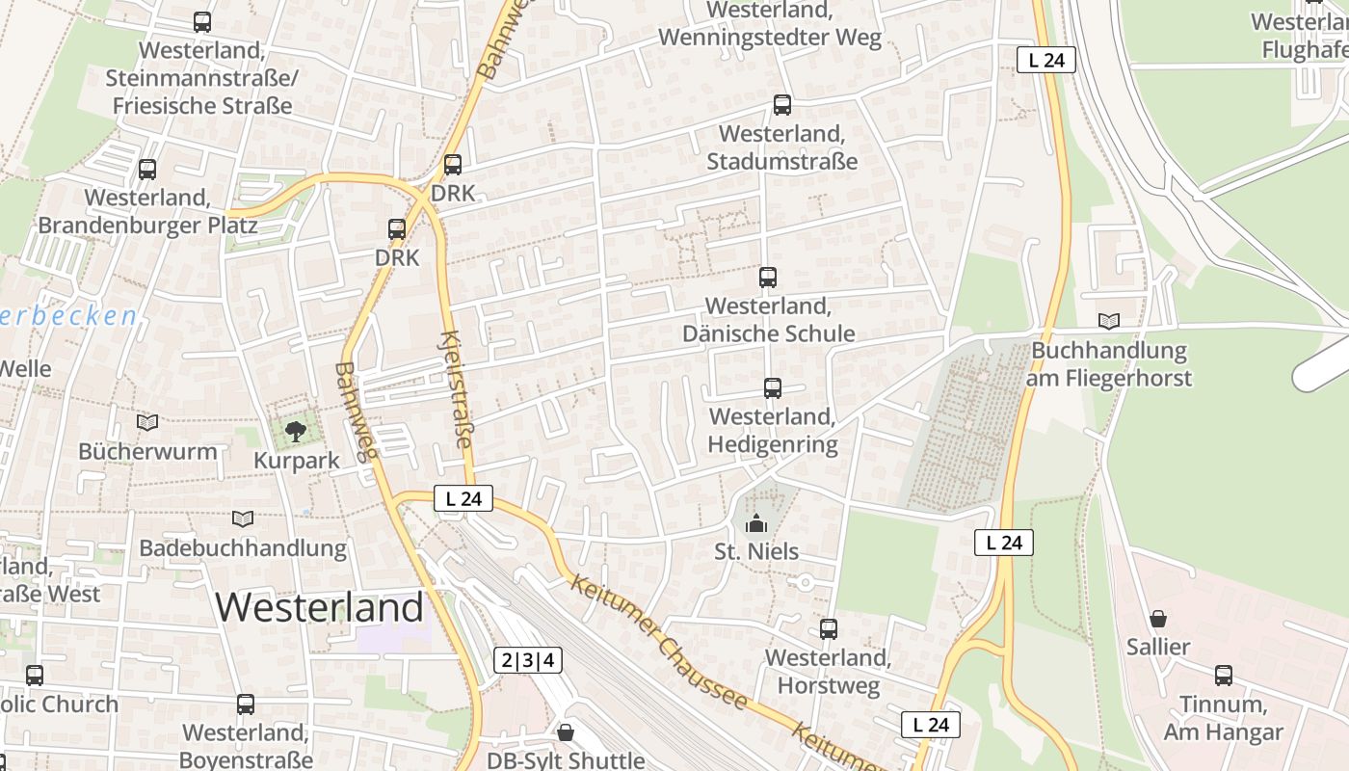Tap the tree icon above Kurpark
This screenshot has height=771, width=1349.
296,432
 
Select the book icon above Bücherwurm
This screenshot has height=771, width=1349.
146,422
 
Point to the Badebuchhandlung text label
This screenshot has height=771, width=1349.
243,548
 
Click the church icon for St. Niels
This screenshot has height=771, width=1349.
757,523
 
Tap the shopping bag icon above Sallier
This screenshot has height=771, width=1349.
1158,619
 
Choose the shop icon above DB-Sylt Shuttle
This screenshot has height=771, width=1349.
566,732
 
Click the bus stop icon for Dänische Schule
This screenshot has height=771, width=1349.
768,278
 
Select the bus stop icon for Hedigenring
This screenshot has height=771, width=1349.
773,388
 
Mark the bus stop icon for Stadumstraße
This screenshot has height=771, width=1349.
782,105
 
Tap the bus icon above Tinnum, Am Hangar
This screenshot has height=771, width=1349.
1224,676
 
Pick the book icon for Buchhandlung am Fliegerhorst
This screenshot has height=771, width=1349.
1109,321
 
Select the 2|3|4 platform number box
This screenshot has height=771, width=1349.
528,660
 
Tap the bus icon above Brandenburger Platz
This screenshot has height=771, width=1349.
147,170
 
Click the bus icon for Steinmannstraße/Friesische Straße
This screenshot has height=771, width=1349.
202,22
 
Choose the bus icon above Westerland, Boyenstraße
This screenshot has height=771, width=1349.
246,705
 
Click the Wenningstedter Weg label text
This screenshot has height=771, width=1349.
770,38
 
